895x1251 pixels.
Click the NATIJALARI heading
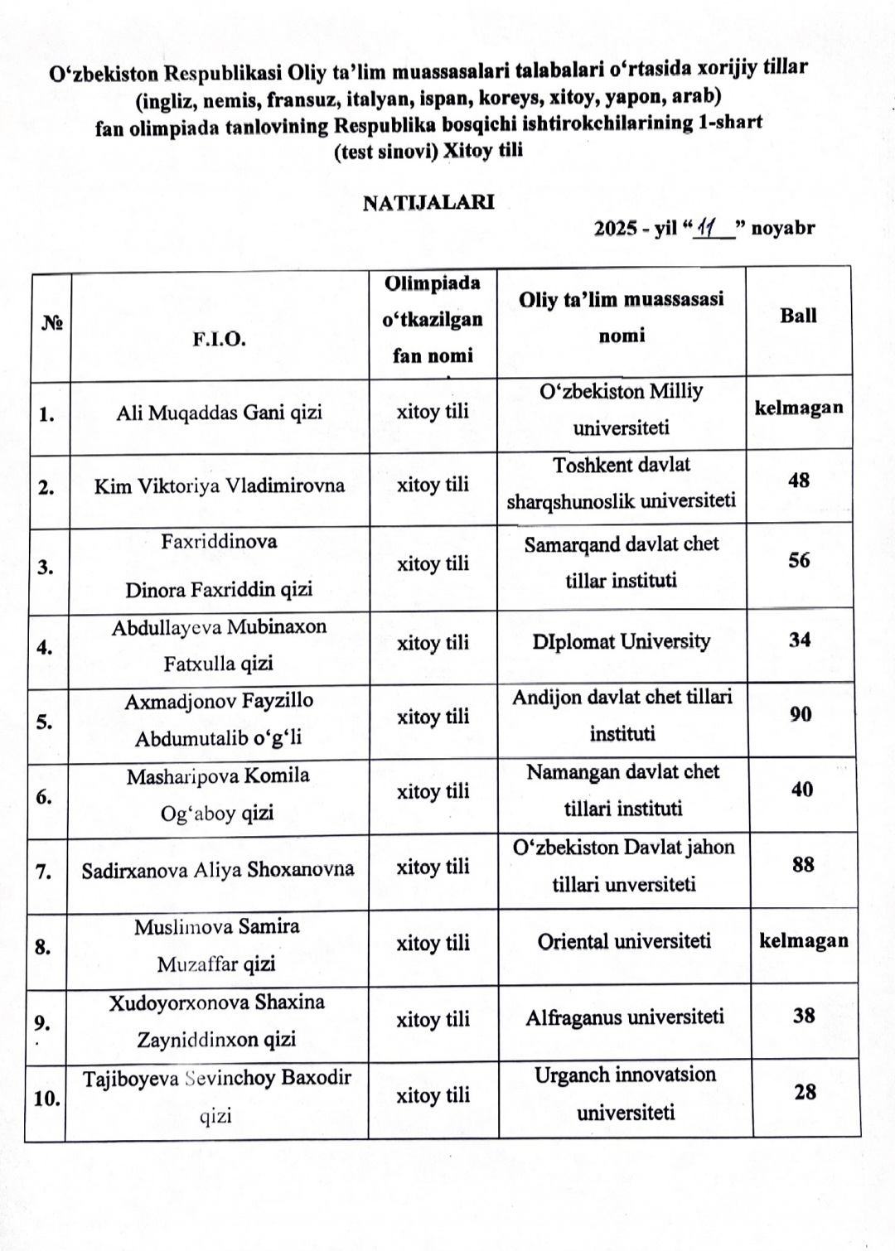click(x=428, y=202)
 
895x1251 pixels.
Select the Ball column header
click(x=798, y=316)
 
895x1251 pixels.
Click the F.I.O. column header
click(x=220, y=339)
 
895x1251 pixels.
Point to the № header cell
click(x=52, y=324)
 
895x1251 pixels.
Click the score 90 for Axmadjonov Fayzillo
click(x=801, y=714)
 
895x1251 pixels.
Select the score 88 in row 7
click(x=803, y=864)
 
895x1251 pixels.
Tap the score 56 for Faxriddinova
click(x=799, y=560)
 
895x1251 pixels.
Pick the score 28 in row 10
click(x=805, y=1092)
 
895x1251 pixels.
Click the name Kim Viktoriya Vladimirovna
click(x=220, y=485)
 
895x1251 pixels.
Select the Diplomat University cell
click(x=622, y=641)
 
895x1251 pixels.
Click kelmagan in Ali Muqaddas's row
click(x=799, y=408)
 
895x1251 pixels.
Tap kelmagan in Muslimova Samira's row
click(x=804, y=940)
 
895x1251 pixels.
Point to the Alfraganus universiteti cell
click(x=625, y=1017)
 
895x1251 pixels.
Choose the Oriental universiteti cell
click(x=624, y=941)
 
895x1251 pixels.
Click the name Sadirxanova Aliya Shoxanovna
click(x=218, y=870)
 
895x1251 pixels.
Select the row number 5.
click(x=45, y=722)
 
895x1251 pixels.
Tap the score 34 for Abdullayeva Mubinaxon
click(x=800, y=640)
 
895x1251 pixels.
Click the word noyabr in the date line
click(x=783, y=228)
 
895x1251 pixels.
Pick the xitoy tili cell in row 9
click(x=433, y=1019)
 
